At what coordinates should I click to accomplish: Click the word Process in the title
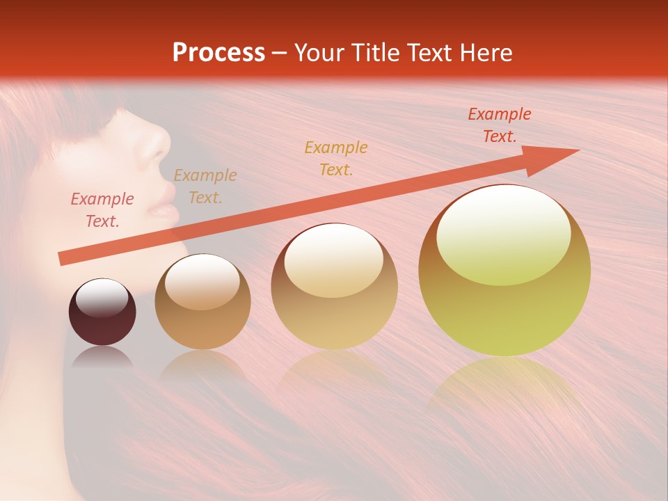(x=218, y=52)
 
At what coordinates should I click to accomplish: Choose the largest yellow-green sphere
(x=504, y=271)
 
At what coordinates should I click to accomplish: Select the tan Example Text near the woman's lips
(x=205, y=186)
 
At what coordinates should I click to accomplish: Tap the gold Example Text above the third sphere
(x=336, y=158)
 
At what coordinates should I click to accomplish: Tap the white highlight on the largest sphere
(x=503, y=226)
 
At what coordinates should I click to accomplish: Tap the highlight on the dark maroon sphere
(x=102, y=296)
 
